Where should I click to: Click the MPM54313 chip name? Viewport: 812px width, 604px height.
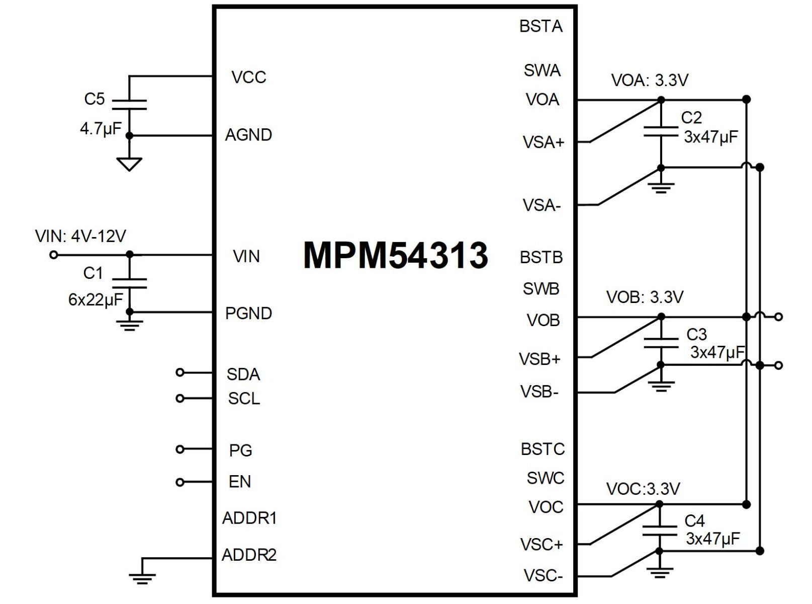(x=396, y=255)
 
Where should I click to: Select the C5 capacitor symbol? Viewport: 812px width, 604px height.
(x=129, y=105)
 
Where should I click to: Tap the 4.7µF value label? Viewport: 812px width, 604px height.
(x=101, y=129)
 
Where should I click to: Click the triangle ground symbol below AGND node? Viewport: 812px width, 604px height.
(x=129, y=164)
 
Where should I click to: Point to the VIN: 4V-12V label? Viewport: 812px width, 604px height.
(x=80, y=236)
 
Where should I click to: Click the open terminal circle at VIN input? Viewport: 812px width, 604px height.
(x=54, y=255)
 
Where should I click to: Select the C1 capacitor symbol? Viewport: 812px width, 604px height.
(x=129, y=283)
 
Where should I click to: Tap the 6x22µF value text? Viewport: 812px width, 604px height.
(x=96, y=300)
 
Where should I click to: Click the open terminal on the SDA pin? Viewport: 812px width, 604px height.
(x=180, y=372)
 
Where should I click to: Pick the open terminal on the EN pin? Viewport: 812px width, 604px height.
(x=180, y=482)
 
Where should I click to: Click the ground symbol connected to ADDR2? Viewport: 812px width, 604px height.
(x=142, y=578)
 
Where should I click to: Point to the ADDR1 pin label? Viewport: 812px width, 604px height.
(x=249, y=518)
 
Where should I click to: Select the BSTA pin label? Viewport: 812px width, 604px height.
(x=541, y=26)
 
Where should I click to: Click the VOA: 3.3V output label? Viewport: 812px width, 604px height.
(x=649, y=80)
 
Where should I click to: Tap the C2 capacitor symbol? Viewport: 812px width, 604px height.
(x=661, y=132)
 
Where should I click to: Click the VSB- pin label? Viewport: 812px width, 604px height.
(x=539, y=392)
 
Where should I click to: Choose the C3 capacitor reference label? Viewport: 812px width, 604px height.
(x=696, y=334)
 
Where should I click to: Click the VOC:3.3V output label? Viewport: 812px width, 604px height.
(x=643, y=489)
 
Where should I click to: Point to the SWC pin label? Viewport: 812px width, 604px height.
(x=546, y=478)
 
